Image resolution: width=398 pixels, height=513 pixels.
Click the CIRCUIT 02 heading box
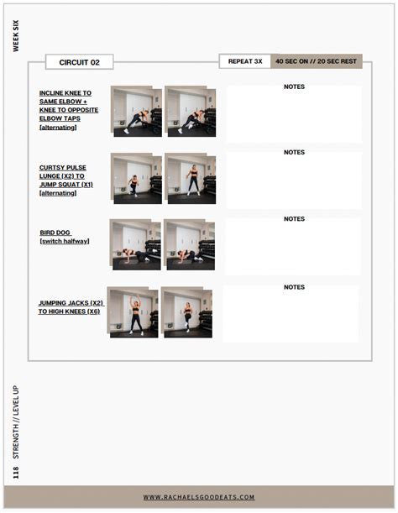coord(80,62)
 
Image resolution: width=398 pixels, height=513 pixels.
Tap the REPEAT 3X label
coord(245,61)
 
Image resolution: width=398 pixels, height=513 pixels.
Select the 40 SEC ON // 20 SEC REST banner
coord(317,61)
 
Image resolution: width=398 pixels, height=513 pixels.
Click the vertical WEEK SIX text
coord(16,36)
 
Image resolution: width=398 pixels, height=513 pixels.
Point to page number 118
coord(16,473)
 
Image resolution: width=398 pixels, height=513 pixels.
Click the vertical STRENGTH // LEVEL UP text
coord(16,422)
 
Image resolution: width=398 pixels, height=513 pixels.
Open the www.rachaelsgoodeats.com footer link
coord(199,497)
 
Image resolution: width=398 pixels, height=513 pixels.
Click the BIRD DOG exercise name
coord(55,233)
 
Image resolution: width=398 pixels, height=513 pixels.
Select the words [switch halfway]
coord(65,241)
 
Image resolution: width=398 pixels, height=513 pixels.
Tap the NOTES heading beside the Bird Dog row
coord(294,219)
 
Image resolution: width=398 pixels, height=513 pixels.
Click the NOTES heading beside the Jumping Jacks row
coord(294,287)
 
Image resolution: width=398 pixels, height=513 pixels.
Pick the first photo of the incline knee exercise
coord(136,111)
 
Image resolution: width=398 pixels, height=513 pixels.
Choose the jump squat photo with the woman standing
coord(190,179)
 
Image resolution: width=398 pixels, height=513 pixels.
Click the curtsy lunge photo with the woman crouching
coord(136,179)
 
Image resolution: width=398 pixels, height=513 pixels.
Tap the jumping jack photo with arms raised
coord(133,312)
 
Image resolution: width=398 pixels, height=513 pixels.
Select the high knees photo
coord(186,312)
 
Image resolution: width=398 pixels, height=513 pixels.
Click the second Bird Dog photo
coord(189,244)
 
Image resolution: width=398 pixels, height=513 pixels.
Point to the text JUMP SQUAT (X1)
coord(66,185)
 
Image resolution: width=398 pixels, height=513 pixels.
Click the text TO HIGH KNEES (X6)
coord(69,311)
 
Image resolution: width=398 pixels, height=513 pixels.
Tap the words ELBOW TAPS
coord(60,118)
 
